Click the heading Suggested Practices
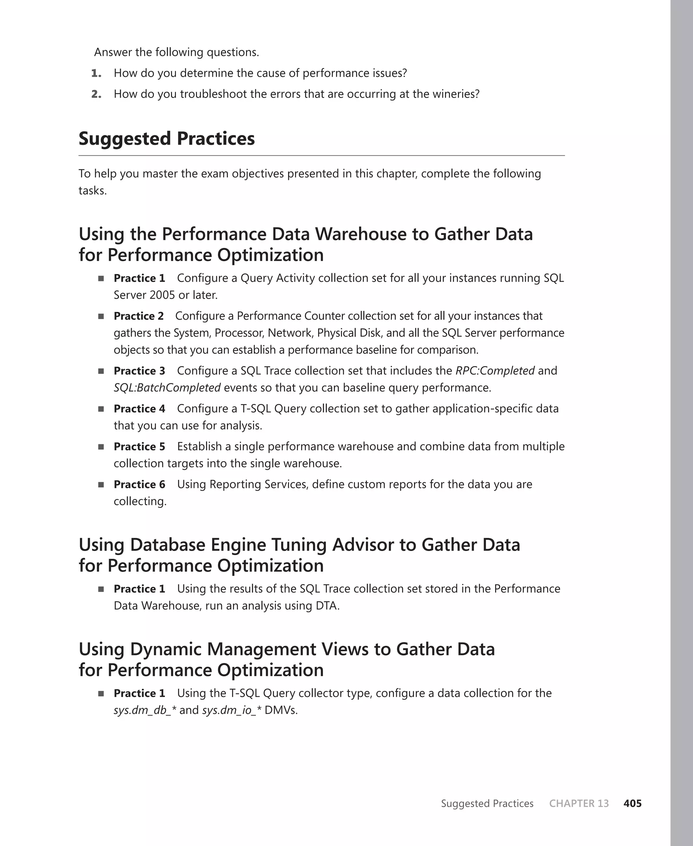click(x=166, y=139)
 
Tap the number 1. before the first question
click(x=96, y=73)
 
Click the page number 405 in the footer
click(x=632, y=803)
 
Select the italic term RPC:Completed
click(x=495, y=371)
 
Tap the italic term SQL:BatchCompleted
click(x=167, y=387)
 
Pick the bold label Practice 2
click(x=138, y=316)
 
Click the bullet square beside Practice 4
click(x=101, y=409)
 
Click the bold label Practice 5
click(x=139, y=447)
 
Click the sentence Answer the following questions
click(x=176, y=52)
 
